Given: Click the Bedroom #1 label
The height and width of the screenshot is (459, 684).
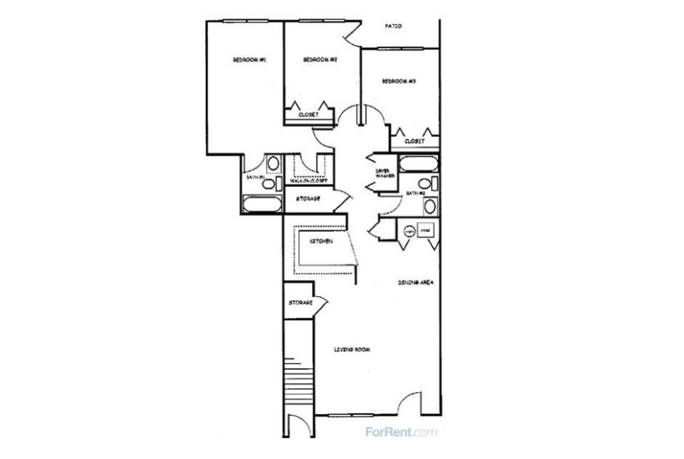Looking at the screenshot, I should click(249, 60).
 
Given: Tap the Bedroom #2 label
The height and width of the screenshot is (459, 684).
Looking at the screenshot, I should click(319, 60).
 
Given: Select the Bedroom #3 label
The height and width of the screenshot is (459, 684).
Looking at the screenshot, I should click(399, 81).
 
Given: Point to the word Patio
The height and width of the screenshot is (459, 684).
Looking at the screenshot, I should click(395, 26).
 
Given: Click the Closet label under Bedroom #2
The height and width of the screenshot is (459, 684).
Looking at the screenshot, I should click(309, 114).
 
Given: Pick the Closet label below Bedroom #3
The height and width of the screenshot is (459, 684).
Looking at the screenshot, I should click(415, 141).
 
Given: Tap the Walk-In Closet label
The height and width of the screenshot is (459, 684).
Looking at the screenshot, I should click(309, 180).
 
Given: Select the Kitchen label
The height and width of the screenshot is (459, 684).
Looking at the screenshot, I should click(322, 241).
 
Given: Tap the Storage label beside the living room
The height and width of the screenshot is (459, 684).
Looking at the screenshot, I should click(300, 302).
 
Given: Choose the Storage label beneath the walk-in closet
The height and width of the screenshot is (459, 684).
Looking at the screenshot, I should click(309, 199).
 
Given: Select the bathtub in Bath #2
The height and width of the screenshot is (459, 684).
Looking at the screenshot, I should click(416, 164).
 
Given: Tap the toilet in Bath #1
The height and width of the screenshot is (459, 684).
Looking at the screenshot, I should click(274, 165).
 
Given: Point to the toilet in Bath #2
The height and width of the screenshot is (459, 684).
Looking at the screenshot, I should click(425, 184).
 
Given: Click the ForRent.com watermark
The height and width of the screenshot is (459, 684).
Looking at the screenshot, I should click(401, 432).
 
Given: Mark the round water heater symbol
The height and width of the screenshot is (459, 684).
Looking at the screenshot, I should click(410, 230).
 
